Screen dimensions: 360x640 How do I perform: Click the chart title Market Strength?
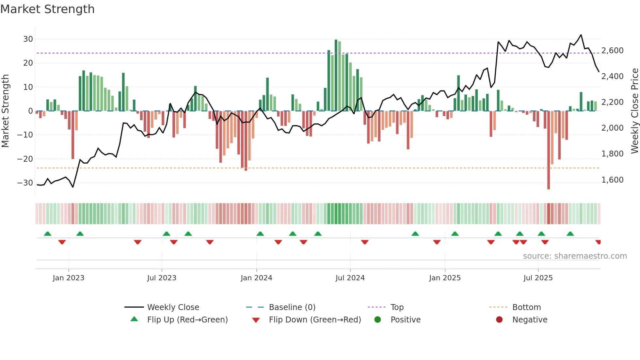(47, 9)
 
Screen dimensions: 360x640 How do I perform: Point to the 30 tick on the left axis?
(28, 39)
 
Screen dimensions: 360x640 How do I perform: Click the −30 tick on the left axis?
(25, 183)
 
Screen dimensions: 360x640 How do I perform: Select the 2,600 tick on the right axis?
(612, 51)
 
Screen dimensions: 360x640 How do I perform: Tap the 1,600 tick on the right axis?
(612, 180)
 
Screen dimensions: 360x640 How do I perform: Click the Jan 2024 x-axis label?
(256, 278)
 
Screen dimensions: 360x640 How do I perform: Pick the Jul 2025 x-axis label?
(538, 278)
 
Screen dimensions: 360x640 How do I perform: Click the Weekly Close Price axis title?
(634, 111)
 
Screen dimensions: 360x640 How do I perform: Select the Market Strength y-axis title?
(5, 111)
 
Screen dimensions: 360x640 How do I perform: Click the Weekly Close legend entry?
(173, 307)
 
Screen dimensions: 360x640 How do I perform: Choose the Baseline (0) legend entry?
(292, 307)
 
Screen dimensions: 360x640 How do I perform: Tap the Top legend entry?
(397, 307)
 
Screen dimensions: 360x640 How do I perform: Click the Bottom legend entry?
(526, 307)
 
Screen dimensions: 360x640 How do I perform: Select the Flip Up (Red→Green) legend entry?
(187, 320)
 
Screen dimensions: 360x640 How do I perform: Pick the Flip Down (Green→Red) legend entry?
(315, 320)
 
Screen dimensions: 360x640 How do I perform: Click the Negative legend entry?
(530, 320)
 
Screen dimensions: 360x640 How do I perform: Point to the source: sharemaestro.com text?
(575, 256)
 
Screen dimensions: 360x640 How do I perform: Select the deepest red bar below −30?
(549, 150)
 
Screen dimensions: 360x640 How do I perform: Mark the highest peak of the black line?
(581, 35)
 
